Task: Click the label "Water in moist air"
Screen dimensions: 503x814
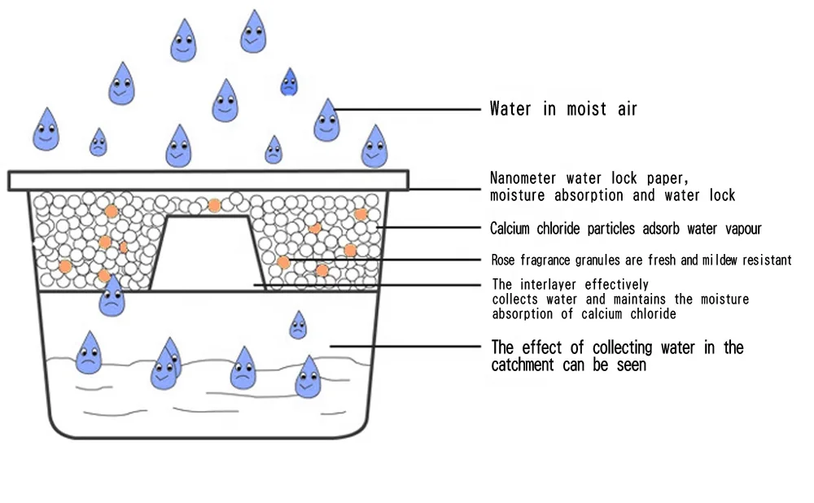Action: pyautogui.click(x=562, y=109)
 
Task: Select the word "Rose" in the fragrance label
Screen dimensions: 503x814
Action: pyautogui.click(x=504, y=260)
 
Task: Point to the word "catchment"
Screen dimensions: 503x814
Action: pyautogui.click(x=523, y=365)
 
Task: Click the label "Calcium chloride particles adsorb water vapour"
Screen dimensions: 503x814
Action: pyautogui.click(x=625, y=229)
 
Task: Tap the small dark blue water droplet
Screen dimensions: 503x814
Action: pyautogui.click(x=289, y=81)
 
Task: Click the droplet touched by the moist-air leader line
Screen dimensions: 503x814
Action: pyautogui.click(x=327, y=120)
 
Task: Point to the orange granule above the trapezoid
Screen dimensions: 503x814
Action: pyautogui.click(x=214, y=205)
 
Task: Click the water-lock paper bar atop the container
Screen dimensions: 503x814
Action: pyautogui.click(x=208, y=180)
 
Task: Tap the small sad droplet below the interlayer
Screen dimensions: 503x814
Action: pyautogui.click(x=299, y=325)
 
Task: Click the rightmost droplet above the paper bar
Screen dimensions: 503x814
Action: pyautogui.click(x=374, y=147)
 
